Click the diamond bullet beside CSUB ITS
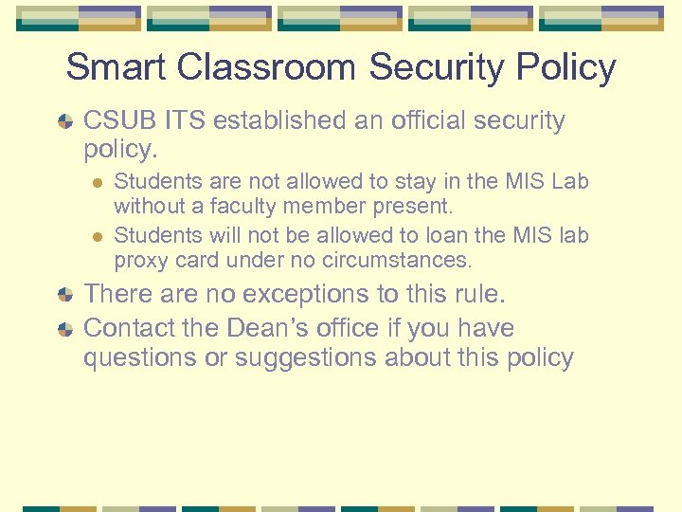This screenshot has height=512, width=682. point(65,122)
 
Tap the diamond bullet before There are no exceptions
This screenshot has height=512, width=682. point(65,296)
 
